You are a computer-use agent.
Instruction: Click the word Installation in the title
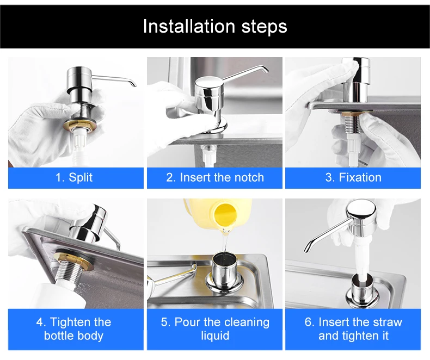pos(189,26)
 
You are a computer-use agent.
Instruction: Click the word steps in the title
pos(264,27)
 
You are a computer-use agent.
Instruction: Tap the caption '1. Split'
pos(74,177)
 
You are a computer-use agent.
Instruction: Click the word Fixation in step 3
pos(360,177)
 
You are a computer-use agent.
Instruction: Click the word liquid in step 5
pos(215,336)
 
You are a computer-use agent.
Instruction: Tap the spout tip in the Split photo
pos(134,84)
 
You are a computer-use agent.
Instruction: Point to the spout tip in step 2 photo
pos(267,70)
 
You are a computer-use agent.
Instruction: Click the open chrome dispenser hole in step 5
pos(225,260)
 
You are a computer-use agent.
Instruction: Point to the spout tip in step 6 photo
pos(306,249)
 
